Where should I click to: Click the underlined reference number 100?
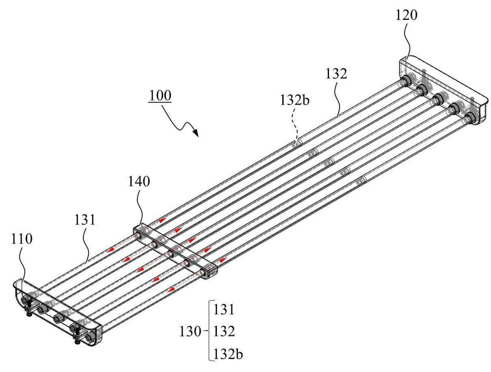point(160,96)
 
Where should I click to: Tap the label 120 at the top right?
point(406,15)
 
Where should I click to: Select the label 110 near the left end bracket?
point(21,239)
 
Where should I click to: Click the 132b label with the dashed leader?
point(295,100)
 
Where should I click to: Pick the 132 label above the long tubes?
point(336,74)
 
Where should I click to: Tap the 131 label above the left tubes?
point(85,220)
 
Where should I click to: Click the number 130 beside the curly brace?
point(190,331)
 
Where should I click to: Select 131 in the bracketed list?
point(224,309)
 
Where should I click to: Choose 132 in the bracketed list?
point(224,331)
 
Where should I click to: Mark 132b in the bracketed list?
point(228,354)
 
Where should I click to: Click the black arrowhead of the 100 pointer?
point(196,133)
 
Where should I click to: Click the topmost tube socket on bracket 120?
point(405,81)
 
